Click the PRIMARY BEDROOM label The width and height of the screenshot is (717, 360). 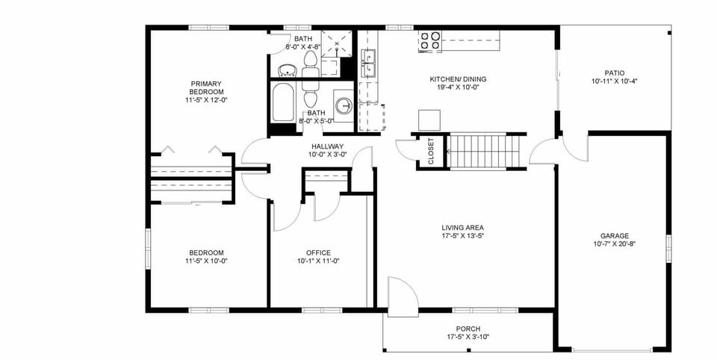(x=206, y=87)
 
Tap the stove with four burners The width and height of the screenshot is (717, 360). (x=429, y=40)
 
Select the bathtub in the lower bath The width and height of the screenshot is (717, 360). (x=284, y=102)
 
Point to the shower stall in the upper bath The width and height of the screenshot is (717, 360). (x=337, y=43)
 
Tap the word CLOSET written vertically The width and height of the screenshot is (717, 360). (x=431, y=152)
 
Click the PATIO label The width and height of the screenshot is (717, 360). (x=615, y=72)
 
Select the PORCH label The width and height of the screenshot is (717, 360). (x=468, y=329)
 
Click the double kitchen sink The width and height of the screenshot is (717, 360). (x=370, y=63)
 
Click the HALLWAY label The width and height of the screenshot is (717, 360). (x=326, y=146)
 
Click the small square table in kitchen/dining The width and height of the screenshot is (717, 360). (x=429, y=120)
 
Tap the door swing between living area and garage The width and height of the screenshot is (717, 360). (x=544, y=152)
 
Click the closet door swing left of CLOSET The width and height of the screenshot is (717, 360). (x=406, y=150)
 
